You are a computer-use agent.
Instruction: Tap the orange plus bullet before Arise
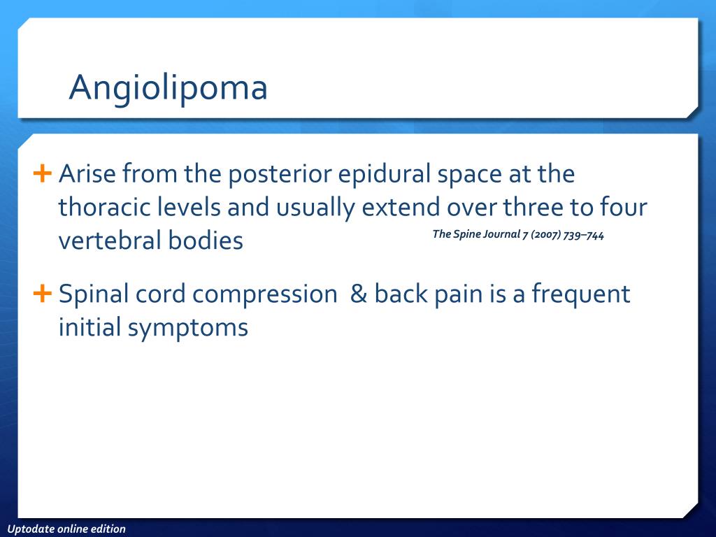(42, 173)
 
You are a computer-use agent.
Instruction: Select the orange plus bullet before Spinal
(42, 293)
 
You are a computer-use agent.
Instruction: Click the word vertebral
(110, 241)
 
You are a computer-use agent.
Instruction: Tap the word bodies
(206, 241)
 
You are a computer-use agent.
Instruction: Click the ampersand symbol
(359, 293)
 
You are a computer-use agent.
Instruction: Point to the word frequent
(581, 294)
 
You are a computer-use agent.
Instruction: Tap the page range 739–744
(584, 235)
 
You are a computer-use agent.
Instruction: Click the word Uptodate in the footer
(29, 529)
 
